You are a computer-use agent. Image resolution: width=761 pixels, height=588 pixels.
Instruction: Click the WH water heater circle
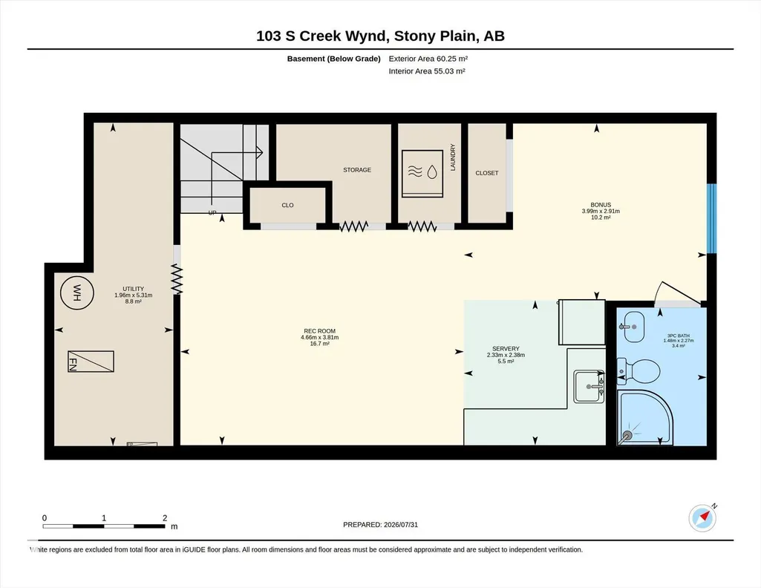[x=76, y=293]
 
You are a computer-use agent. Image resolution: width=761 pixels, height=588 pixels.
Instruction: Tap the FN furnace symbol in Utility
[x=91, y=362]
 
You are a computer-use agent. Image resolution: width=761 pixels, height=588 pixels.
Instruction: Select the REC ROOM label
[x=320, y=331]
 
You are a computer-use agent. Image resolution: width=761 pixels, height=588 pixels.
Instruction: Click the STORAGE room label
[x=357, y=170]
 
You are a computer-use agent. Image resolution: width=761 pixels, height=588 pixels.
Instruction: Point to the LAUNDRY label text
[x=453, y=157]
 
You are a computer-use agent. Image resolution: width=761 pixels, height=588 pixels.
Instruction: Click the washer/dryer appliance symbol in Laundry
[x=422, y=173]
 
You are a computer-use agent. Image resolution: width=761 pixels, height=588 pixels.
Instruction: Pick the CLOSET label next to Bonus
[x=487, y=173]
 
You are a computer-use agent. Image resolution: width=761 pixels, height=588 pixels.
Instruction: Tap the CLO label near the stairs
[x=287, y=205]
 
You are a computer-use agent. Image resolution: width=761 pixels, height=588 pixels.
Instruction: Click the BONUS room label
[x=601, y=205]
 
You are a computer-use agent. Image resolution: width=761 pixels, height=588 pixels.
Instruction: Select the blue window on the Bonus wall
[x=711, y=218]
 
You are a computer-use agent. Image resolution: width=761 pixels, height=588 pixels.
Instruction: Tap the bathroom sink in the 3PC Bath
[x=633, y=327]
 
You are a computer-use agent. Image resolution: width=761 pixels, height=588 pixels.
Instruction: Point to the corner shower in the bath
[x=645, y=417]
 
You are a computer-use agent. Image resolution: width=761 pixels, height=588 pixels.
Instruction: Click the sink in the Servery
[x=589, y=387]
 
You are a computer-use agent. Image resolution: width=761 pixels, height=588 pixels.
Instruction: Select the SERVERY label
[x=506, y=349]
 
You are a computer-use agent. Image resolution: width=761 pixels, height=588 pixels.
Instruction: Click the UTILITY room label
[x=133, y=289]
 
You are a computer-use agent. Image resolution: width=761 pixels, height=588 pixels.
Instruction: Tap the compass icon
[x=702, y=517]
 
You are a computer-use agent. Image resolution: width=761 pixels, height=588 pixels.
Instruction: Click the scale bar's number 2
[x=165, y=518]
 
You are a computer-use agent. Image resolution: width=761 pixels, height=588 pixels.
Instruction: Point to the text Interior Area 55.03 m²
[x=427, y=71]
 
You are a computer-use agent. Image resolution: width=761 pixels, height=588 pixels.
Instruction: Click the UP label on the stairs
[x=212, y=213]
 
